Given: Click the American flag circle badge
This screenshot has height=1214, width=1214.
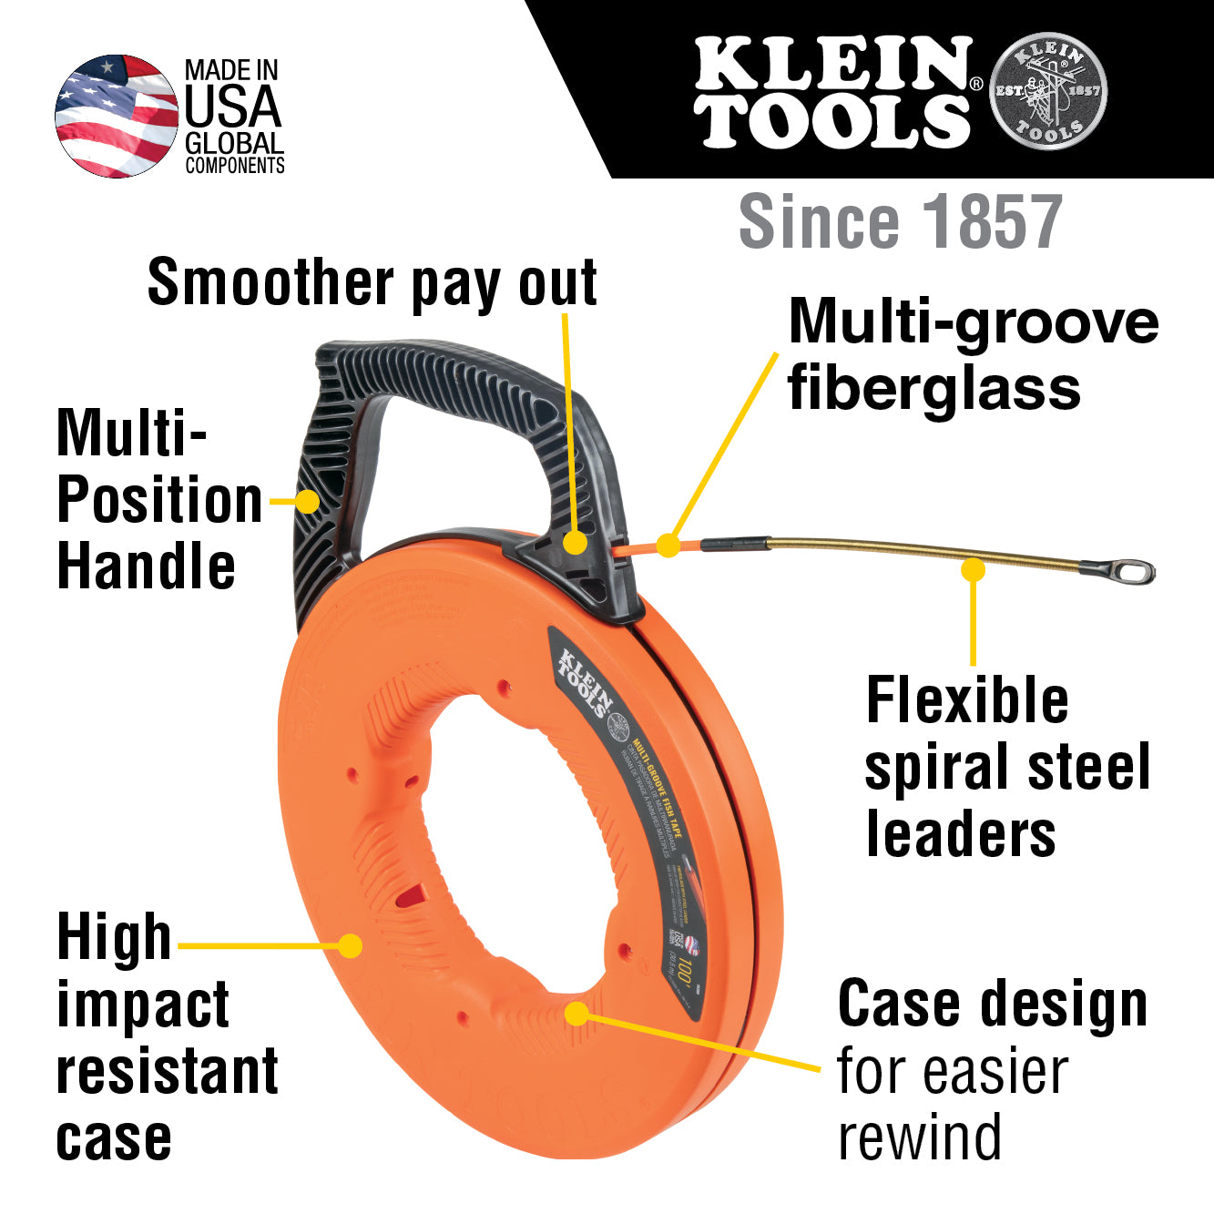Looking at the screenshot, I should pyautogui.click(x=116, y=116).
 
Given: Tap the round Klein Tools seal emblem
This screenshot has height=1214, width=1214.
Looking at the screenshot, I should pyautogui.click(x=1048, y=91).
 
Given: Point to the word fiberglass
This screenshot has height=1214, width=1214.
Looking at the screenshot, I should pyautogui.click(x=934, y=388).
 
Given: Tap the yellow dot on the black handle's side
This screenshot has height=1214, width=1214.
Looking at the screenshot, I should pyautogui.click(x=308, y=502).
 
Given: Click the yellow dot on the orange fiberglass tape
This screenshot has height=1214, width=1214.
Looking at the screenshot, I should pyautogui.click(x=668, y=546).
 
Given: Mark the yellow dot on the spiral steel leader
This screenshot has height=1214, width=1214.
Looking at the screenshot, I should pyautogui.click(x=974, y=570).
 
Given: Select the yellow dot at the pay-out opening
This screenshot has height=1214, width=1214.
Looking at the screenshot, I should pyautogui.click(x=575, y=543).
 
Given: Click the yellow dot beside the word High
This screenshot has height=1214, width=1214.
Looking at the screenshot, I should pyautogui.click(x=350, y=945).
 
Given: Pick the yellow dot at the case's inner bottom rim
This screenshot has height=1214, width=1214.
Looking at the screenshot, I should pyautogui.click(x=576, y=1013).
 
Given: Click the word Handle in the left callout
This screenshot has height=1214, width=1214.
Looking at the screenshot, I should pyautogui.click(x=146, y=566).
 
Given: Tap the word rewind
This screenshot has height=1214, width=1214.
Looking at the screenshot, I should pyautogui.click(x=919, y=1137).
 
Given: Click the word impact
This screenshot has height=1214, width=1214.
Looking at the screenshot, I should pyautogui.click(x=143, y=1005).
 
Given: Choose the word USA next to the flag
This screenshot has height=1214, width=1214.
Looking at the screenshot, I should pyautogui.click(x=233, y=107).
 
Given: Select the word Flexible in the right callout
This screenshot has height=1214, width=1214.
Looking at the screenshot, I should pyautogui.click(x=967, y=700).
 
